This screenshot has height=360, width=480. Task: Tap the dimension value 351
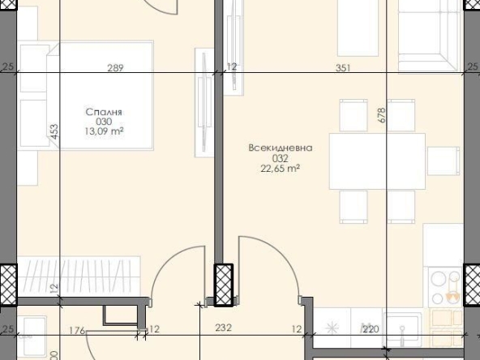pos(343,68)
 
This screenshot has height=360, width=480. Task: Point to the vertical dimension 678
pos(381,116)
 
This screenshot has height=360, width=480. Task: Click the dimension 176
pos(79,328)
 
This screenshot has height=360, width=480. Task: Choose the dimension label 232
pos(224,328)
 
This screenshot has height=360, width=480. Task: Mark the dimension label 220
pos(370,328)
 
